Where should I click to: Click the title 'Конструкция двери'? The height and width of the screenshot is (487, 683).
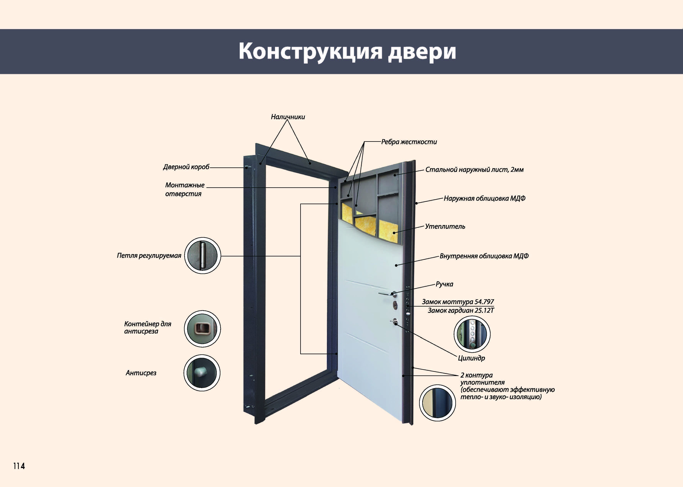347,52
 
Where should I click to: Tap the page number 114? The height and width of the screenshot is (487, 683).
19,466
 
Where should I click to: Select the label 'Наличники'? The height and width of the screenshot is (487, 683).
288,117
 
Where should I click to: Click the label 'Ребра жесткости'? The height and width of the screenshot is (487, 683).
409,142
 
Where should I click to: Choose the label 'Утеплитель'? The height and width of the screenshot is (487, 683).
445,226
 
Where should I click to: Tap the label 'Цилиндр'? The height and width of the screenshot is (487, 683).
471,358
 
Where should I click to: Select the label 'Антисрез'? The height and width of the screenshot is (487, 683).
141,373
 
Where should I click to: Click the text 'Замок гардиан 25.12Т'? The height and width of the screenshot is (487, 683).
461,310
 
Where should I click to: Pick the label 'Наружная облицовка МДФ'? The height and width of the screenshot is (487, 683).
485,198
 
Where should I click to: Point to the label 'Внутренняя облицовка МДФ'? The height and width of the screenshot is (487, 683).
484,256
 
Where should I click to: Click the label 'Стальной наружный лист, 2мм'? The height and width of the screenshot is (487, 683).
474,170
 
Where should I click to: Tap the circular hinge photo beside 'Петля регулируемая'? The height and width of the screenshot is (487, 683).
203,255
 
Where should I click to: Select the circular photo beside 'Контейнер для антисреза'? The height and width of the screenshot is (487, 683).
202,329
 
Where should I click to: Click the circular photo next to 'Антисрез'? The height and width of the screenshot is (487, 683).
202,373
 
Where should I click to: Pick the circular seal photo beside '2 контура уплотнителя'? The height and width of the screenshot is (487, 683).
437,403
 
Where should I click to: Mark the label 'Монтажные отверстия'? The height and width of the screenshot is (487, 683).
185,189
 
